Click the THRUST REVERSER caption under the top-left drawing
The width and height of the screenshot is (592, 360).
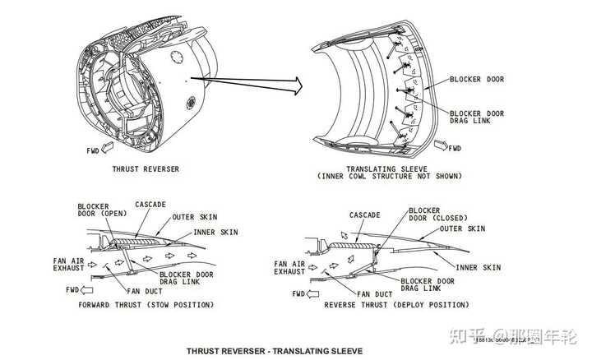[x=146, y=169]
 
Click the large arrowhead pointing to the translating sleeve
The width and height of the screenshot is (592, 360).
[x=295, y=82]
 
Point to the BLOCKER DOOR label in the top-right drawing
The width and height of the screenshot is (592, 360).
[x=477, y=80]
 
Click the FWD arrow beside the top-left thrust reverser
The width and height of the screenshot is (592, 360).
[x=99, y=151]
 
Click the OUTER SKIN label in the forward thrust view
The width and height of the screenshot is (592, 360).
[x=194, y=218]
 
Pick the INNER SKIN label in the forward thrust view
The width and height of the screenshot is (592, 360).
[x=215, y=233]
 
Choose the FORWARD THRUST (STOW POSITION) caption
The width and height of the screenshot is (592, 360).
[x=146, y=305]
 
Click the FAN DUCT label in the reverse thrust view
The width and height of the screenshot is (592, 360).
[x=374, y=293]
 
